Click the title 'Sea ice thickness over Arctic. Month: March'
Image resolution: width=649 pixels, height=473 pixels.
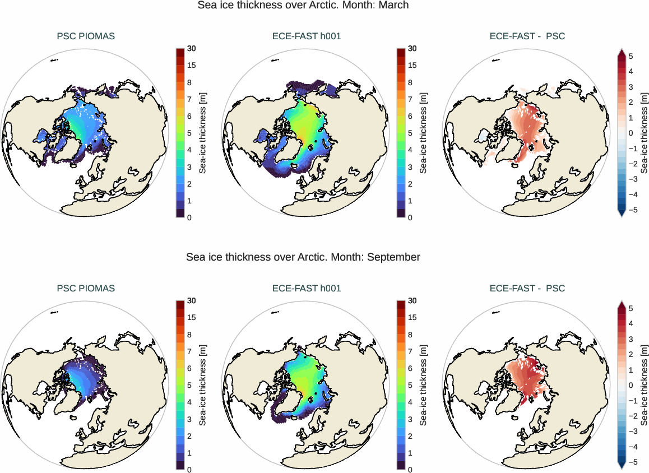pos(303,5)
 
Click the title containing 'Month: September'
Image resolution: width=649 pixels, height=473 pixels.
pos(303,257)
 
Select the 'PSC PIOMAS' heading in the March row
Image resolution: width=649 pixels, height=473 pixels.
pos(86,36)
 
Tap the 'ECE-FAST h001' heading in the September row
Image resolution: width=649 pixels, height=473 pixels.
pos(307,289)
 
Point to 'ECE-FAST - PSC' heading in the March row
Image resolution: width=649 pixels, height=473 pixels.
pos(527,36)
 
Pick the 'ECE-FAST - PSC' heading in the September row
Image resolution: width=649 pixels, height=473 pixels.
pos(527,289)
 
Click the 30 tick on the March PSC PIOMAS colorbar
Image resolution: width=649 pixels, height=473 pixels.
pos(191,49)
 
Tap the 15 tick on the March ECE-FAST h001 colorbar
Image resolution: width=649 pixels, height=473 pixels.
pos(412,66)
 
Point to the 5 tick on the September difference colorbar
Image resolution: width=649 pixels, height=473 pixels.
pos(631,308)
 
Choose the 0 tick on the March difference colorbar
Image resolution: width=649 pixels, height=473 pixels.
pos(631,133)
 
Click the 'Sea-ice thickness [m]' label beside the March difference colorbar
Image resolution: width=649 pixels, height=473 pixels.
pos(644,133)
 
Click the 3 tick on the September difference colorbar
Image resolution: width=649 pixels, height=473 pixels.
pos(631,339)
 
